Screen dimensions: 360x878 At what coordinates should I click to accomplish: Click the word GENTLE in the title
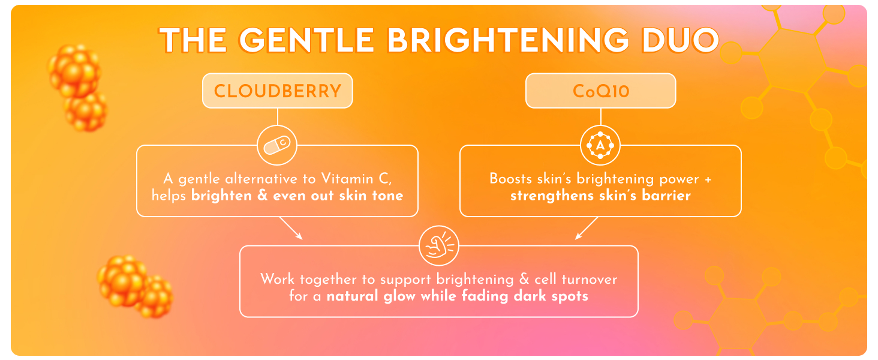pos(311,41)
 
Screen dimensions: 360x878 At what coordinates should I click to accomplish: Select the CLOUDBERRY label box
pos(277,92)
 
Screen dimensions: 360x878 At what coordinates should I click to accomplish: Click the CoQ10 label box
pos(600,92)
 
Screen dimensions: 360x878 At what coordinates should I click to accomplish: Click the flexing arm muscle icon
pos(438,245)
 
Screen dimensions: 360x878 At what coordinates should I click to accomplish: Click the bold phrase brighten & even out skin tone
pos(297,196)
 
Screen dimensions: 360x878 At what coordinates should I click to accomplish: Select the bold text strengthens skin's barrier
pos(600,196)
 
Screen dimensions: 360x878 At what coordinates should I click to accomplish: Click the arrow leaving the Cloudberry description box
pos(291,228)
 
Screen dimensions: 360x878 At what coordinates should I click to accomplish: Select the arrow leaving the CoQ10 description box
pos(587,228)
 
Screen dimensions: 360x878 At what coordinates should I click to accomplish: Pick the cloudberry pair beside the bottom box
pos(134,286)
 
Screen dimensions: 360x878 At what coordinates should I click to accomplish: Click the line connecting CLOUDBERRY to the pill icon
pos(277,117)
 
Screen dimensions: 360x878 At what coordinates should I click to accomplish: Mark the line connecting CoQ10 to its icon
pos(600,117)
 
